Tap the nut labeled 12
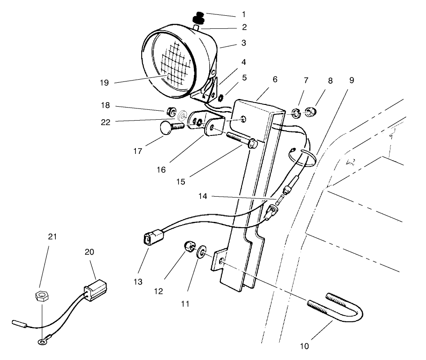[x=189, y=247]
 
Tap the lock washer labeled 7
[x=295, y=111]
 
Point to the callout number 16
[x=161, y=170]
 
